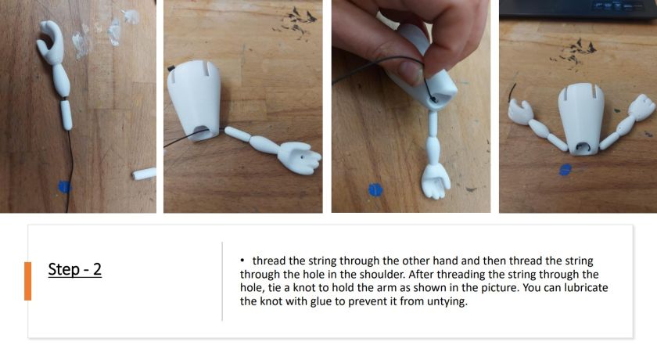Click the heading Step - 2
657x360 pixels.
[x=75, y=269]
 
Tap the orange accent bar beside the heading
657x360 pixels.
[x=27, y=281]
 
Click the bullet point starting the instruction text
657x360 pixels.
[x=242, y=261]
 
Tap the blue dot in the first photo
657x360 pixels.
[x=64, y=187]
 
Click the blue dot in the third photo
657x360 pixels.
[x=375, y=189]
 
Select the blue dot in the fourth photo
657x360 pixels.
[x=565, y=170]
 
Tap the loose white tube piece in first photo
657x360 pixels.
[x=144, y=174]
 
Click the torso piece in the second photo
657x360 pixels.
[x=195, y=101]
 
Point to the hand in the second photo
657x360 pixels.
[x=299, y=157]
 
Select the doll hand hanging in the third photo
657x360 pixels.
[x=436, y=182]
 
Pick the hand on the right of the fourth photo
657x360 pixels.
[x=641, y=108]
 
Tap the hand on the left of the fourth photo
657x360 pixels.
[x=521, y=113]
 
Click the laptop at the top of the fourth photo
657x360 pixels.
[x=578, y=9]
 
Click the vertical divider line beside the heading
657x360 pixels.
[x=222, y=281]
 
